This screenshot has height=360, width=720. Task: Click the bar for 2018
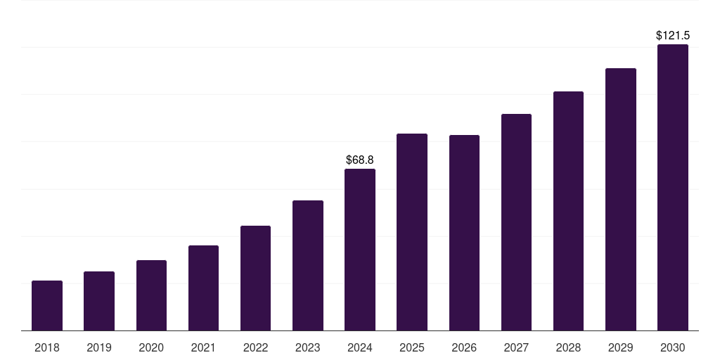47,306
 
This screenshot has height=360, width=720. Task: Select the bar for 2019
99,301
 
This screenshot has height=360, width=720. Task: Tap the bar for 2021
203,288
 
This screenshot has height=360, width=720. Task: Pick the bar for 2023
308,266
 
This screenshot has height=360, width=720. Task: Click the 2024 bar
360,250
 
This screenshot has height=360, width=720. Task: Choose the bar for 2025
412,232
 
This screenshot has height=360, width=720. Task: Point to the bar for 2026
464,233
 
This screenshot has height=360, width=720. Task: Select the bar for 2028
568,211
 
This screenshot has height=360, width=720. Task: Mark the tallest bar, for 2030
673,188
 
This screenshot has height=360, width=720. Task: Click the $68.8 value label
360,160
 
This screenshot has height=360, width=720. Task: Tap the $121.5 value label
673,35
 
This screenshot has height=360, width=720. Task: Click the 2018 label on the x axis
47,347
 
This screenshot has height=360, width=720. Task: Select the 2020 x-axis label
151,347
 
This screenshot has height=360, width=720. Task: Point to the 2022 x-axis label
255,347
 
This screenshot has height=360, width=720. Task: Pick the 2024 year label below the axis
360,347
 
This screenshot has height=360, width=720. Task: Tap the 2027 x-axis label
516,347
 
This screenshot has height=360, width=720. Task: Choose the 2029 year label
621,347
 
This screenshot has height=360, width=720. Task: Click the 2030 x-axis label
673,347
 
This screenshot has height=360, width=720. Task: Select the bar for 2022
255,278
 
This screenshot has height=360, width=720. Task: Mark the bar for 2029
621,200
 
